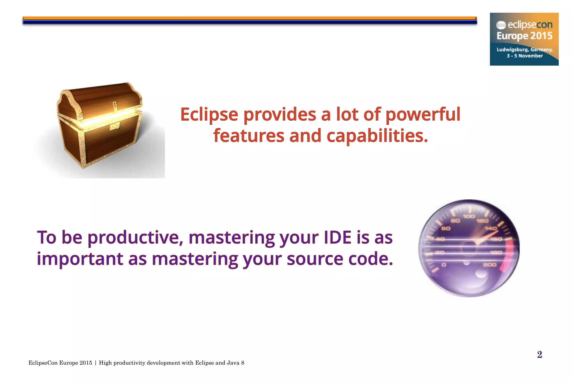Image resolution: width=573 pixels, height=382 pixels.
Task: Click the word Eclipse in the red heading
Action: point(209,114)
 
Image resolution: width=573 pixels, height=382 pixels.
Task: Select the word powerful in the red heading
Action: point(423,114)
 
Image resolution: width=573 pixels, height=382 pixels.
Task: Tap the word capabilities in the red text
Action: point(377,136)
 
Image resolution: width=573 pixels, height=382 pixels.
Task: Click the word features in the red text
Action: point(249,136)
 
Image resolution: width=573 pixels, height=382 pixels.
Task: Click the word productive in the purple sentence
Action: point(135,238)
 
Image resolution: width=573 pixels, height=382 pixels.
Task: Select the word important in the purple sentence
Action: point(80,259)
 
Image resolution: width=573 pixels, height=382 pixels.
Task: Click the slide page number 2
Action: point(540,355)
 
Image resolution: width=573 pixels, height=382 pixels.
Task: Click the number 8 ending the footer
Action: point(243,363)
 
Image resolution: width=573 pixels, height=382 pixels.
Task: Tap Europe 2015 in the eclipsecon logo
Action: point(525,36)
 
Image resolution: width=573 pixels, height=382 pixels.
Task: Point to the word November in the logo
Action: point(530,56)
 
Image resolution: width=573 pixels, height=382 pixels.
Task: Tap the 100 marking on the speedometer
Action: point(469,216)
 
